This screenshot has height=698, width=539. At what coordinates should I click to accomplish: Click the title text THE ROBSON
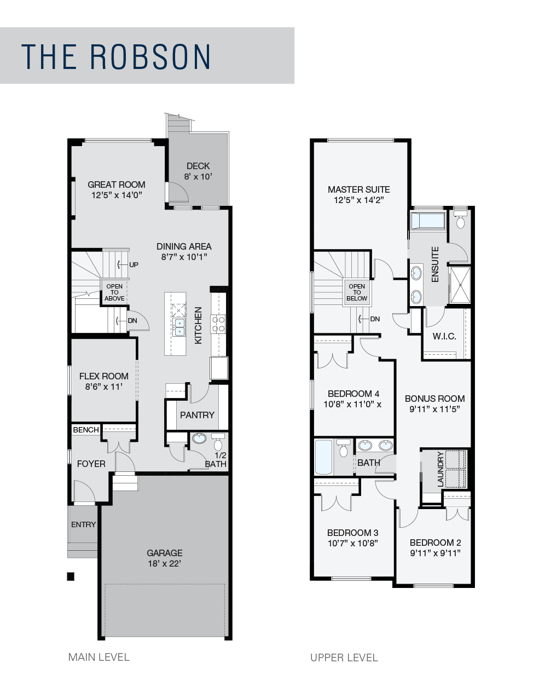coord(115,56)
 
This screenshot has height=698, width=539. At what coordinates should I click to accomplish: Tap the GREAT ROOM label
coord(117,184)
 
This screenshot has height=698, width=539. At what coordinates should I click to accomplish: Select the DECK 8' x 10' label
coord(198,171)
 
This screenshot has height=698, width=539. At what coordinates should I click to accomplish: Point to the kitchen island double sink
coord(179,327)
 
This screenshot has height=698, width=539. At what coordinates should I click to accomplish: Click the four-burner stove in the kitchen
coord(218,324)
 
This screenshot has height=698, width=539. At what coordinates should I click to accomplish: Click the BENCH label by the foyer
coord(86,430)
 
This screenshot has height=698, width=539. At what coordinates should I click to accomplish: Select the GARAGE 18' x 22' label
coord(165,558)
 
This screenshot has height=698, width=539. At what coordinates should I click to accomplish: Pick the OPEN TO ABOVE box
coord(114,292)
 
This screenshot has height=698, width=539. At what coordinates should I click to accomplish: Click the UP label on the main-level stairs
coord(134,264)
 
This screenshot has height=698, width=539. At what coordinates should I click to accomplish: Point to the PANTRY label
coord(197,415)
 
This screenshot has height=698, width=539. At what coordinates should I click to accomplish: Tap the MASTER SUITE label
coord(359,189)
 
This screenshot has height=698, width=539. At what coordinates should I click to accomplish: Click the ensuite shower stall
coord(460,285)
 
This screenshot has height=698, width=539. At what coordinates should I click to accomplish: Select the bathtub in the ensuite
coord(428,221)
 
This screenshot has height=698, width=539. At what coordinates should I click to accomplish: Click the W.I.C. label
coord(444,336)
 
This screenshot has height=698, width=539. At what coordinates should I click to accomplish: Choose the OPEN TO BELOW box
coord(357,292)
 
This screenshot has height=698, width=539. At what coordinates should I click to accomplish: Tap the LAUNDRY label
coord(441,469)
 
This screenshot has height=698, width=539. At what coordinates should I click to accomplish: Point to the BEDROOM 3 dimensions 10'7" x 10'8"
coord(352,543)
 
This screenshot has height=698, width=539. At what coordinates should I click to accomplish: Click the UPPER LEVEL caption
coord(344,657)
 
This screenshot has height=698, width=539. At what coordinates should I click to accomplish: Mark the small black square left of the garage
coord(71,576)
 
